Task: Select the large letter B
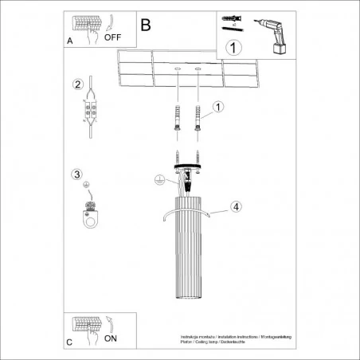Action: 145,25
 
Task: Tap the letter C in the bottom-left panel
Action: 70,342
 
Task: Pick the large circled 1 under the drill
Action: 233,47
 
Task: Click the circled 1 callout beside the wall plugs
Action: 217,106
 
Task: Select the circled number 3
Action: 76,174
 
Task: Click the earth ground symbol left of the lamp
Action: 159,180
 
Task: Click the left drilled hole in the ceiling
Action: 175,72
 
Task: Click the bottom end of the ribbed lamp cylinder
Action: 185,291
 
